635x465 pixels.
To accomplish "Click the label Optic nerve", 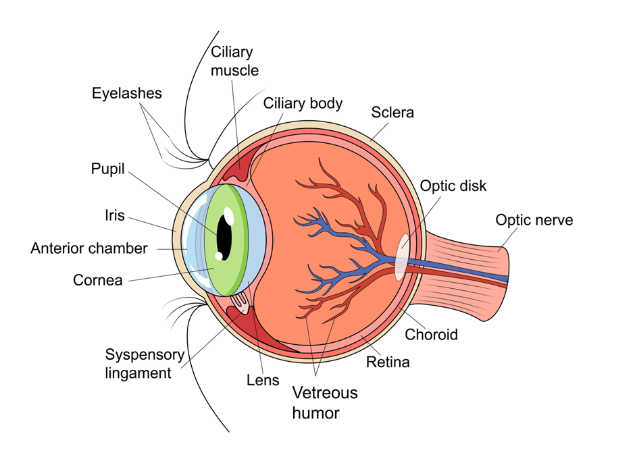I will [x=534, y=220].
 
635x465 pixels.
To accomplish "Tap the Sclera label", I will [x=392, y=112].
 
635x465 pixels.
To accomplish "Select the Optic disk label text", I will [x=453, y=186].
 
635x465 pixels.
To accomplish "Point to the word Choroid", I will [x=431, y=334].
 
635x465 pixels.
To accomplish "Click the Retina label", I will [x=388, y=362].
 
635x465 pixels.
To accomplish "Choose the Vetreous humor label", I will [x=325, y=402].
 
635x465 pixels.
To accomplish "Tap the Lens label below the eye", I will [x=263, y=380].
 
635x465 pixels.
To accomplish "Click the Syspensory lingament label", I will [x=145, y=363].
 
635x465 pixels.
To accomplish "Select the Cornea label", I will [x=98, y=279].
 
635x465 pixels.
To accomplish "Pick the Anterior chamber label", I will [x=88, y=248].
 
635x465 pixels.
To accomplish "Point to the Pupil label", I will [x=108, y=169].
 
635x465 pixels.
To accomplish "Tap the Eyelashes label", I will [x=127, y=93].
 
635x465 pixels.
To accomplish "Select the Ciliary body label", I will [x=303, y=103].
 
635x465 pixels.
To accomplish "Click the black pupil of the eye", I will [x=224, y=237].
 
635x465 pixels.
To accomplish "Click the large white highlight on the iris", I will [x=228, y=215].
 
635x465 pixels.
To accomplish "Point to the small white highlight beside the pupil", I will [x=218, y=256].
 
